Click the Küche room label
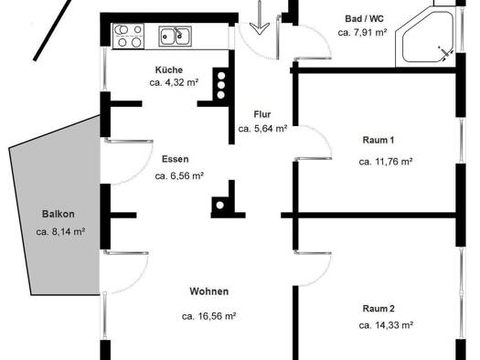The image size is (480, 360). tap(169, 70)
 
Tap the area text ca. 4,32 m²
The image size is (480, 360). tap(175, 82)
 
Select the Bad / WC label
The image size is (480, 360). tap(364, 18)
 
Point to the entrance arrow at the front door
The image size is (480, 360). tap(260, 17)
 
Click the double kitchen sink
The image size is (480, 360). tap(176, 37)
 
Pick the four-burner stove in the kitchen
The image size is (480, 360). tap(128, 37)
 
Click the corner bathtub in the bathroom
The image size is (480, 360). tap(425, 37)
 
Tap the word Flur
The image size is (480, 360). tap(262, 114)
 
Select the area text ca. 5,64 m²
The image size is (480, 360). tap(262, 129)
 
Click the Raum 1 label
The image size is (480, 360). tap(379, 140)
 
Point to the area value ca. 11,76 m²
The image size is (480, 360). tap(386, 162)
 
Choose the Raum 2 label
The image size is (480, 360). tap(379, 309)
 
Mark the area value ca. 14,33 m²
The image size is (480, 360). tap(386, 325)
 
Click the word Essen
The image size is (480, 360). tap(176, 159)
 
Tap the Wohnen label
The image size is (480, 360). tap(209, 291)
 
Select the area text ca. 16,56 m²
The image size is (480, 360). tap(208, 316)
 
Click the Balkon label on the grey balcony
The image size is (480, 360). tap(59, 214)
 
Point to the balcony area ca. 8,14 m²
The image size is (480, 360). tap(60, 232)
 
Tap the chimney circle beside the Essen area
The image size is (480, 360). tap(219, 206)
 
